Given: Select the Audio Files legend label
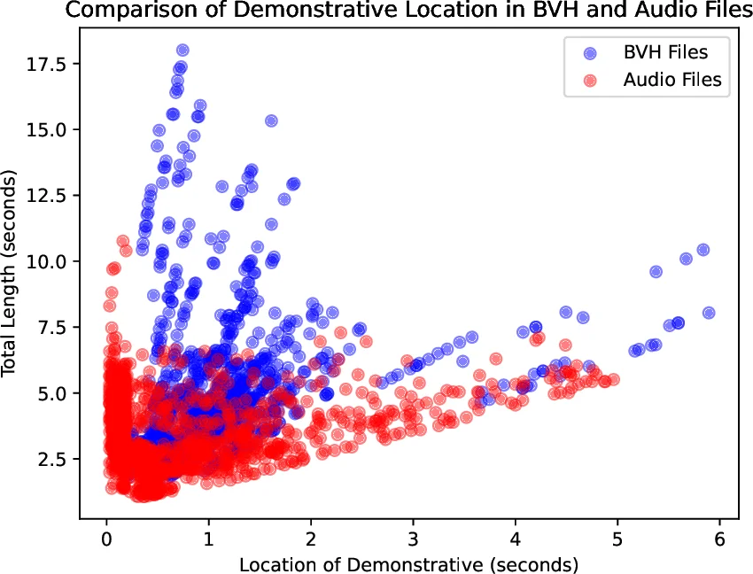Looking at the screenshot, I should pos(672,80).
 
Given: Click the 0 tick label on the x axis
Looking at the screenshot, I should pos(106,539).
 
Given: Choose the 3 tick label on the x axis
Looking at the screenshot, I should pos(413,539).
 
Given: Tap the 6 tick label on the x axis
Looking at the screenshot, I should pos(718,539).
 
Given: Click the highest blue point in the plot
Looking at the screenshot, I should pos(182,50).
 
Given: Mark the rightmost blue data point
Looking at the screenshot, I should pos(709,313).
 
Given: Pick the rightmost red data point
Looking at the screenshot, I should pos(614,379).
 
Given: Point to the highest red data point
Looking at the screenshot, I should pos(122,241).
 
